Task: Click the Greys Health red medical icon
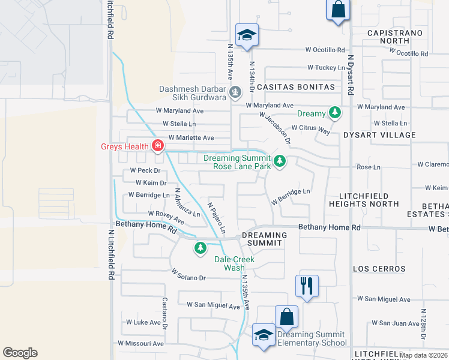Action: (158, 145)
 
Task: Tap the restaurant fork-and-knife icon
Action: (307, 286)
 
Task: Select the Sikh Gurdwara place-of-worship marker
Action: (236, 92)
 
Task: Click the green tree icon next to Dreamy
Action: (334, 113)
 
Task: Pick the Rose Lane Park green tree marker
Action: (279, 161)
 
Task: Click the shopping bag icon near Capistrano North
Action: (338, 10)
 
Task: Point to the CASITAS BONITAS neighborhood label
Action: (295, 87)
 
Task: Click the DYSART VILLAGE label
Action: (379, 135)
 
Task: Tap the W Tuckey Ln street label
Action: (325, 68)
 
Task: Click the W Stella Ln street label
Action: (176, 124)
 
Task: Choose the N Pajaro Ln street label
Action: (217, 217)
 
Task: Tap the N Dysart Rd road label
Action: (351, 74)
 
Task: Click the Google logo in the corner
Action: (20, 353)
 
